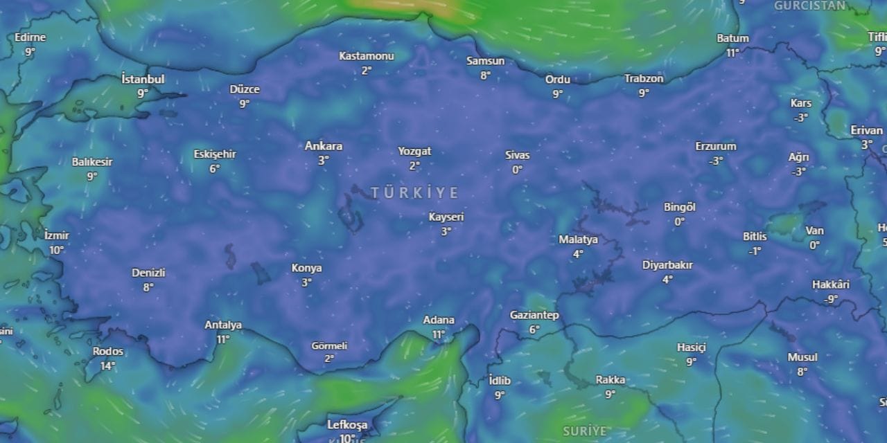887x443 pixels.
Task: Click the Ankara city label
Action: (324, 146)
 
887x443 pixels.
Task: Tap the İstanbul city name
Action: (143, 79)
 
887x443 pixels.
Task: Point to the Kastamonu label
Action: (367, 56)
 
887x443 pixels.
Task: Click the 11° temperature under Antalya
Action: (222, 339)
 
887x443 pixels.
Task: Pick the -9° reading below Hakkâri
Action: (831, 299)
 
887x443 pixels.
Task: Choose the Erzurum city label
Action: (716, 146)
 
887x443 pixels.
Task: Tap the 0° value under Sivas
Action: (517, 170)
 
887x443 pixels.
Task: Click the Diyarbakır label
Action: (667, 265)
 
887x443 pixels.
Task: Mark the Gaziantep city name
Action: (534, 315)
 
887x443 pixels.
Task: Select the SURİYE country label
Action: (585, 431)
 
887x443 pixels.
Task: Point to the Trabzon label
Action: (644, 78)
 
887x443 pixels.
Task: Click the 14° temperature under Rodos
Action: (107, 366)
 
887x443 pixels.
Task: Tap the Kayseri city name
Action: (446, 217)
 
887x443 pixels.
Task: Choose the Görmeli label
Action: (329, 345)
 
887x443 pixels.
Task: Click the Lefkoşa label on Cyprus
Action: (346, 424)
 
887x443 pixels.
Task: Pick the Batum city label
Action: (732, 38)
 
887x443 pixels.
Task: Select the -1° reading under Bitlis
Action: (755, 251)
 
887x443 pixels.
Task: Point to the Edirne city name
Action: (30, 37)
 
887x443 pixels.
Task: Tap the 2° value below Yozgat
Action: (414, 165)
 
